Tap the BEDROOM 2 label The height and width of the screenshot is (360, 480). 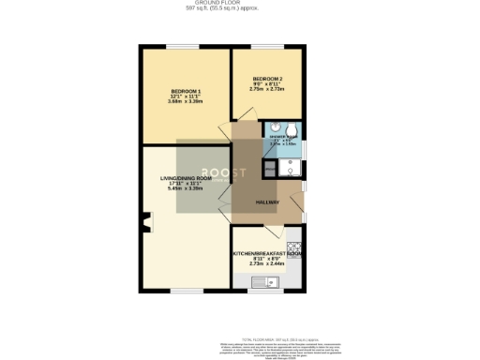(267, 79)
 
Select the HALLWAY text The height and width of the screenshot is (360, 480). (268, 202)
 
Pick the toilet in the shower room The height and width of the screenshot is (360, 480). (292, 130)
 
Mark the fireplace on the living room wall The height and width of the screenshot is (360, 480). (144, 222)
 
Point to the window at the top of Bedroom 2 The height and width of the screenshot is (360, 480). (269, 46)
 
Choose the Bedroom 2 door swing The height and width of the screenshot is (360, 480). (243, 130)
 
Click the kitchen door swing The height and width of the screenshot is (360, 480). (270, 232)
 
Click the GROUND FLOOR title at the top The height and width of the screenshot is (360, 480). (240, 3)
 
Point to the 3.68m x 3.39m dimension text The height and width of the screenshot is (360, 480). (185, 100)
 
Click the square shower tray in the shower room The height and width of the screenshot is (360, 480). (290, 168)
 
